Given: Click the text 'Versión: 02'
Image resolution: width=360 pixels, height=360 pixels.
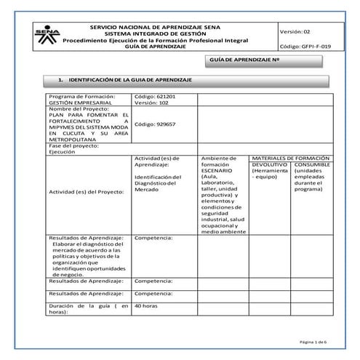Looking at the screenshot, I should pos(296,32).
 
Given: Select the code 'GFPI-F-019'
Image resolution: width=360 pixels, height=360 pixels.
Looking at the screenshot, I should pos(305,46).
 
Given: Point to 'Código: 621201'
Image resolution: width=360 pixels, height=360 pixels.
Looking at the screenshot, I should pos(155,96).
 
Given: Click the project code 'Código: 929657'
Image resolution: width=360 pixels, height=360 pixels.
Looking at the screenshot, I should pos(155,124).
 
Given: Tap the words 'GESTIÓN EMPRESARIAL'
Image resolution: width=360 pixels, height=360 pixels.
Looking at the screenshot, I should pos(76,103).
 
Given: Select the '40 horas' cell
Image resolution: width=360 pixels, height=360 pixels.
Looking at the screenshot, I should pos(146,306).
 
